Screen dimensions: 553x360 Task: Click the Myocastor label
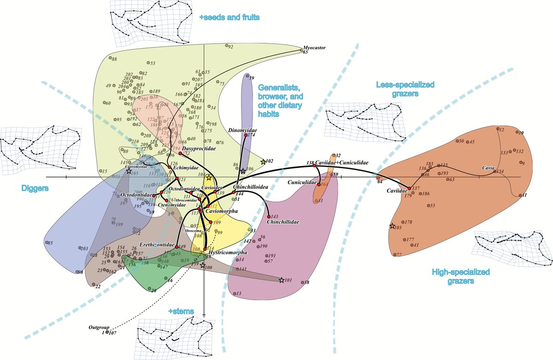pos(313,47)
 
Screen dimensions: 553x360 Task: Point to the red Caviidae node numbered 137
pos(409,189)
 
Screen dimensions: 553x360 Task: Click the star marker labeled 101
pos(282,280)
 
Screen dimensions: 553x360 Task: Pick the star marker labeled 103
pos(392,226)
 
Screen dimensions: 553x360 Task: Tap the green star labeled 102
pos(263,162)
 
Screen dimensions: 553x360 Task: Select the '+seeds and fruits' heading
pos(229,18)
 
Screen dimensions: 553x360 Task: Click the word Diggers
pos(35,188)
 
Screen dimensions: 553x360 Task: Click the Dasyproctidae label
pos(200,149)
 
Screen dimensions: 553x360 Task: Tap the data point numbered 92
pos(226,46)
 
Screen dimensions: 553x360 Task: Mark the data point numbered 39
pos(247,76)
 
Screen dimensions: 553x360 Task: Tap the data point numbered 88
pos(111,59)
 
